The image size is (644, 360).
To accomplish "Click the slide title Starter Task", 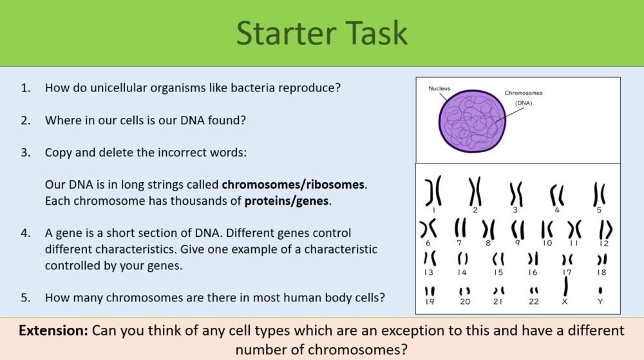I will pos(322,33).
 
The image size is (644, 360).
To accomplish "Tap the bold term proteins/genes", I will pos(287,201).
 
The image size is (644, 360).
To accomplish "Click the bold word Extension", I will pos(53,331).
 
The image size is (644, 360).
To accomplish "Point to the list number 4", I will pos(26,232).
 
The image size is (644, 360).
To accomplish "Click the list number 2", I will pos(26,120).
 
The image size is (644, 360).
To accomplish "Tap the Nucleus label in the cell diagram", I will pos(440,88).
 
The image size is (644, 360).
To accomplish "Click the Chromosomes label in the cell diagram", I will pos(524,93).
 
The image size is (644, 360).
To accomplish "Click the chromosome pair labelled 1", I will pos(433,191).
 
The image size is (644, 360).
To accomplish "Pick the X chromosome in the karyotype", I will pos(565,288).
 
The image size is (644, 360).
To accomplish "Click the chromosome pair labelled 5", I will pos(599,194).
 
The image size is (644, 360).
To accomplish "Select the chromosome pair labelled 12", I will pos(605,229).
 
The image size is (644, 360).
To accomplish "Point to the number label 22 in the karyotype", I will pos(533,301).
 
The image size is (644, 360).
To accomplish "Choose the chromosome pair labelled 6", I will pos(428,228).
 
